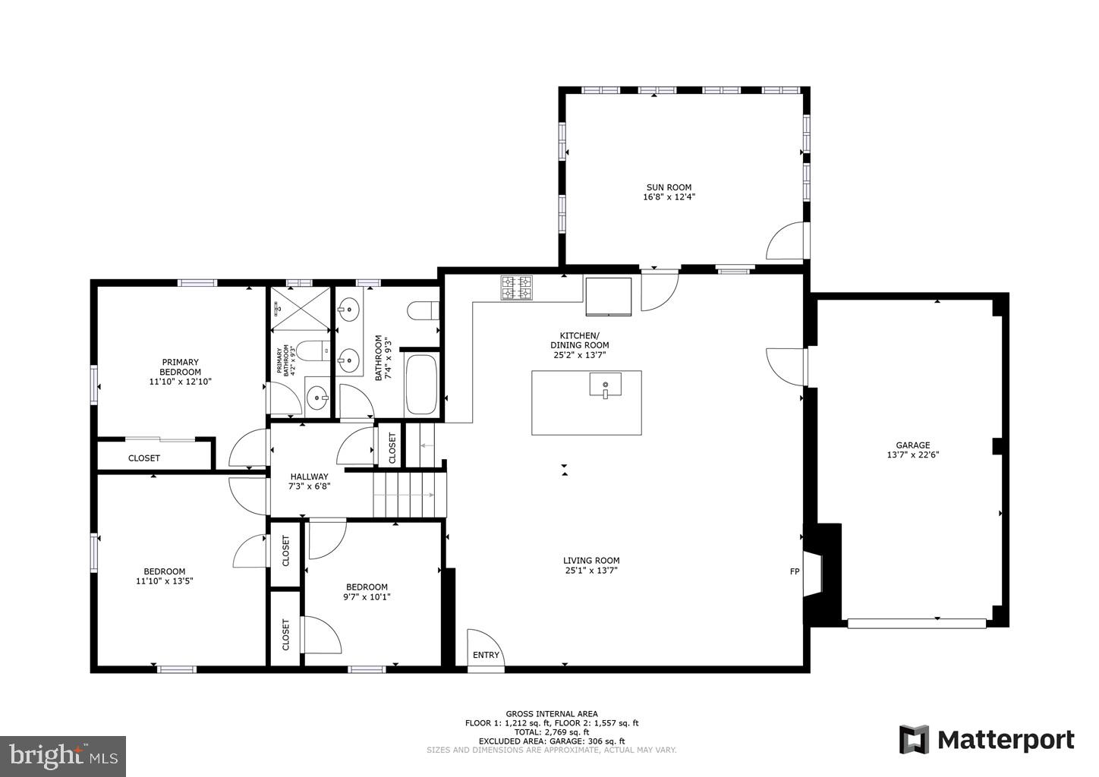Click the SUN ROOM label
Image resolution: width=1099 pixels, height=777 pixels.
click(x=669, y=187)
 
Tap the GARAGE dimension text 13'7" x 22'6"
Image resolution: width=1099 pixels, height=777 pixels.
click(x=912, y=455)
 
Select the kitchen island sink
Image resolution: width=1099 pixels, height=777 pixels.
click(x=605, y=385)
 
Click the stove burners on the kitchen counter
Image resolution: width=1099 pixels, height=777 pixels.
click(x=516, y=288)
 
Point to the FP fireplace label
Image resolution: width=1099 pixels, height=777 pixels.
click(x=795, y=571)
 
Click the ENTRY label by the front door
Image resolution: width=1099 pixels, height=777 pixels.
click(x=487, y=655)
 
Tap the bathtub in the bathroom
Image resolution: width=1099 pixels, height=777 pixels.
click(x=421, y=383)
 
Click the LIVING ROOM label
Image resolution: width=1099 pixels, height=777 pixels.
click(x=591, y=561)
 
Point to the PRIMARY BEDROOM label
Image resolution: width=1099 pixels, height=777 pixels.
click(x=180, y=367)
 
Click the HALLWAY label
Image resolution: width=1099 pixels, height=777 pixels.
click(x=309, y=477)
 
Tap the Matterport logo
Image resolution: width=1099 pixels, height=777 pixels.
click(x=987, y=739)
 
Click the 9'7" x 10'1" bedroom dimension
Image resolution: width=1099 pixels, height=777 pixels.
click(x=367, y=596)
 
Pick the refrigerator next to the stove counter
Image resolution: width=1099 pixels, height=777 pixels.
click(x=608, y=296)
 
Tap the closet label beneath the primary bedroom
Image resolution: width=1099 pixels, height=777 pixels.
click(x=144, y=458)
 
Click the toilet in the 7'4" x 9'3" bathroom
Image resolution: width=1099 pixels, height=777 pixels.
click(x=423, y=311)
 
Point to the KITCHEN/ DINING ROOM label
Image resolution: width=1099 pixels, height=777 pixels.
click(x=579, y=340)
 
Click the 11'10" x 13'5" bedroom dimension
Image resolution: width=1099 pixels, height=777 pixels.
click(x=165, y=581)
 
